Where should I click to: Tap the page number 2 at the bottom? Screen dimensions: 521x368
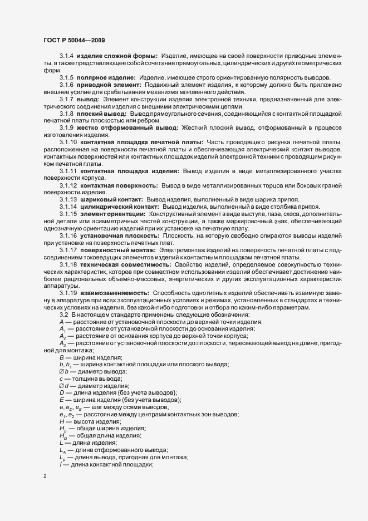pyautogui.click(x=45, y=476)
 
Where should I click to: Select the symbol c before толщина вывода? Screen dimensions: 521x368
pyautogui.click(x=61, y=379)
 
